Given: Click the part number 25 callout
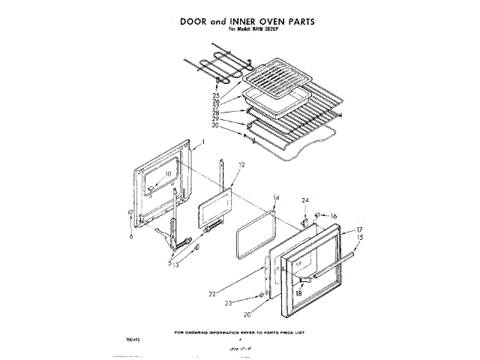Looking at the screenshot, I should [215, 95].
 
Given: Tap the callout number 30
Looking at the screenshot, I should [215, 125].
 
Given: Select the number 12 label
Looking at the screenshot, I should [241, 163].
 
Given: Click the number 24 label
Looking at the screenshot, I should [305, 201].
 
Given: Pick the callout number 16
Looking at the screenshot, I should [333, 216].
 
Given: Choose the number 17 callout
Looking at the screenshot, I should [359, 229].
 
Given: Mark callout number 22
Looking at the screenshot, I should [213, 293].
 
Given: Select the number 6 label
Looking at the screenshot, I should [130, 235].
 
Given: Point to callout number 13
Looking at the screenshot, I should [175, 265].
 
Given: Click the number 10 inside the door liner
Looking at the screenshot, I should [168, 174].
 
